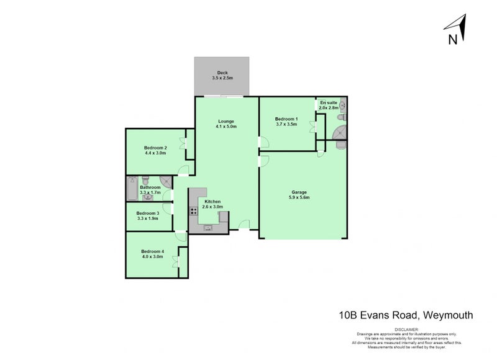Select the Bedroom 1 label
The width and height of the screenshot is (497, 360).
[x=286, y=119]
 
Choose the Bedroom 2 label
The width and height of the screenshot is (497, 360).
[x=155, y=147]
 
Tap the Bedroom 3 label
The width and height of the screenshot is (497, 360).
[x=148, y=214]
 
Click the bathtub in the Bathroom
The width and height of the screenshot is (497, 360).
[x=131, y=189]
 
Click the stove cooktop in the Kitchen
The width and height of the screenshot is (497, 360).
[x=194, y=210]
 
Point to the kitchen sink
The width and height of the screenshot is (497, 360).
[x=209, y=228]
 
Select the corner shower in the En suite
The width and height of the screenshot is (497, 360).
[x=340, y=132]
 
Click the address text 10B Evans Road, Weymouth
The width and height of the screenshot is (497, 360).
[x=406, y=315]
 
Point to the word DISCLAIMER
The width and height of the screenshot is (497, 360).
[x=406, y=329]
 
